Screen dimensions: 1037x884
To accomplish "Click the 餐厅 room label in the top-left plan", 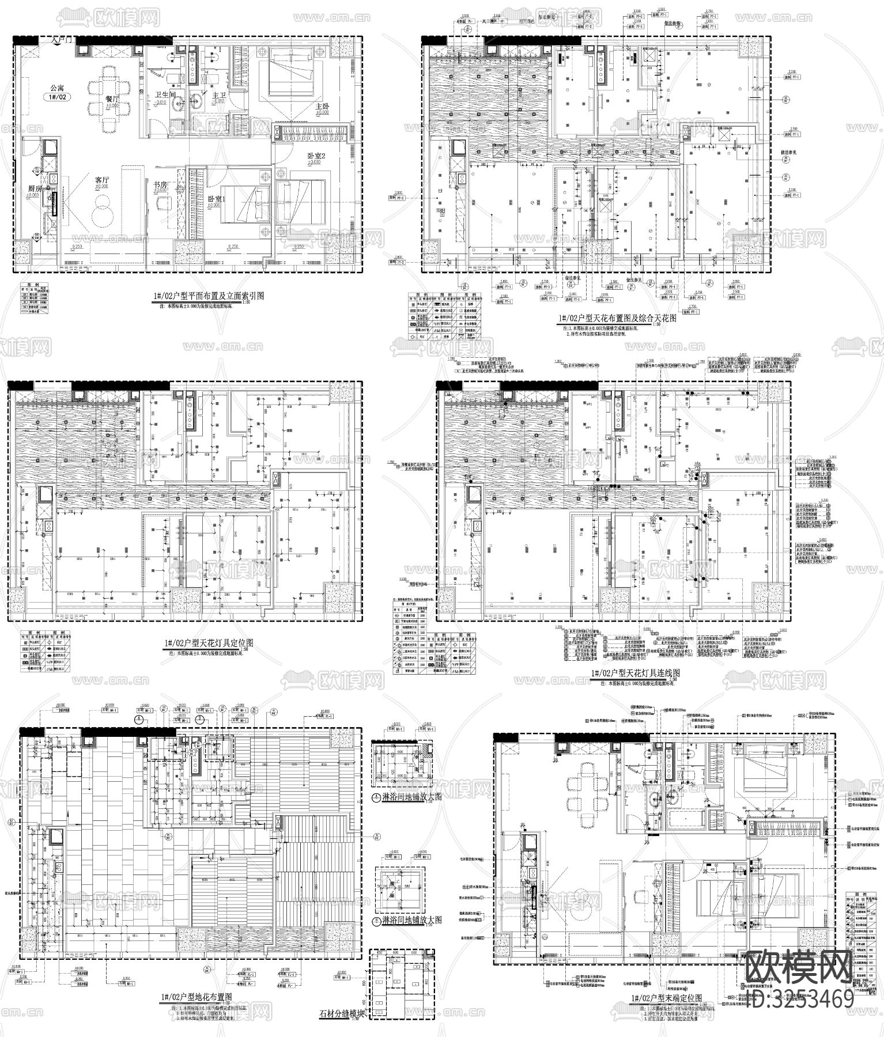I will point(112,99).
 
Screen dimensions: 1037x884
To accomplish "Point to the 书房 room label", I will point(160,185).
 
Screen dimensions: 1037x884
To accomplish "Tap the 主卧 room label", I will point(322,107).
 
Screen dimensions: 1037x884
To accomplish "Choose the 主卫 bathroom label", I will point(219,95).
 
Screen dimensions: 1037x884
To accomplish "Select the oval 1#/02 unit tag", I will point(57,99).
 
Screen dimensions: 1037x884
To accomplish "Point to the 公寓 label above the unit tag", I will point(57,88).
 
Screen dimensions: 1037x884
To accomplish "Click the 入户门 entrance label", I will point(62,40).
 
